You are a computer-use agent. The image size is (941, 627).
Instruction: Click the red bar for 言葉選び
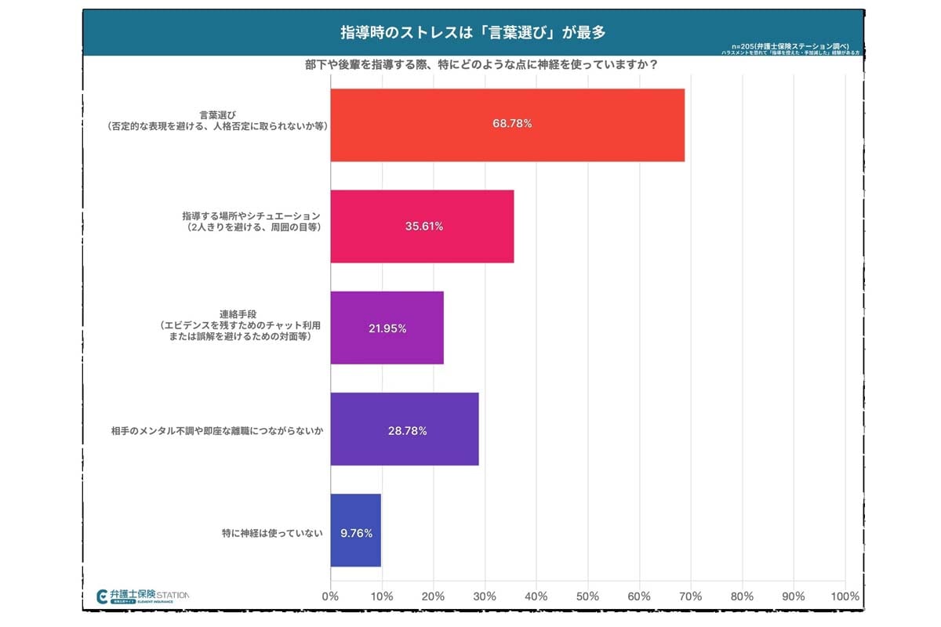(x=507, y=125)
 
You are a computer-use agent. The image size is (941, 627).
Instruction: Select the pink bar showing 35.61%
(x=422, y=227)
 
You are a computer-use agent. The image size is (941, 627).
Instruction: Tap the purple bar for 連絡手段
(x=387, y=328)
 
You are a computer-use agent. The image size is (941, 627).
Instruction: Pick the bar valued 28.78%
(x=404, y=429)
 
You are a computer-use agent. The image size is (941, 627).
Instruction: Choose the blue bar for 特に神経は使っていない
(x=355, y=531)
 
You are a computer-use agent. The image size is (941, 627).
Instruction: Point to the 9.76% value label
(x=356, y=534)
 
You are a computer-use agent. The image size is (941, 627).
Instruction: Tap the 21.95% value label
(x=387, y=329)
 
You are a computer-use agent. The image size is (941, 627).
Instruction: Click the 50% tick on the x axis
(x=588, y=596)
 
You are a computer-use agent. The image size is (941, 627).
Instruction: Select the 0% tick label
(x=331, y=596)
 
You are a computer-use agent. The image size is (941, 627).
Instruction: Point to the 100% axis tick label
(x=845, y=596)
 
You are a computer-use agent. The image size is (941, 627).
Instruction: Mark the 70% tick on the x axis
(x=691, y=596)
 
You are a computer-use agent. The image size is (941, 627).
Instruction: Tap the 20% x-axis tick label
(x=434, y=596)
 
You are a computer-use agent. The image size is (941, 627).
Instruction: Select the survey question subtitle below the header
(x=481, y=66)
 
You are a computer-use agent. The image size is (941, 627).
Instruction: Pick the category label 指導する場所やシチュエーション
(x=252, y=215)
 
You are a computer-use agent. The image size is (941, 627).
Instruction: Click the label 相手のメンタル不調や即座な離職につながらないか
(x=218, y=430)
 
